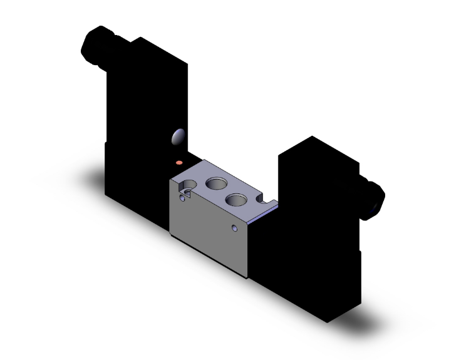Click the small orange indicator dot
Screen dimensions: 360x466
[x=180, y=162]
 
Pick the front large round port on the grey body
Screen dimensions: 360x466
[x=236, y=200]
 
